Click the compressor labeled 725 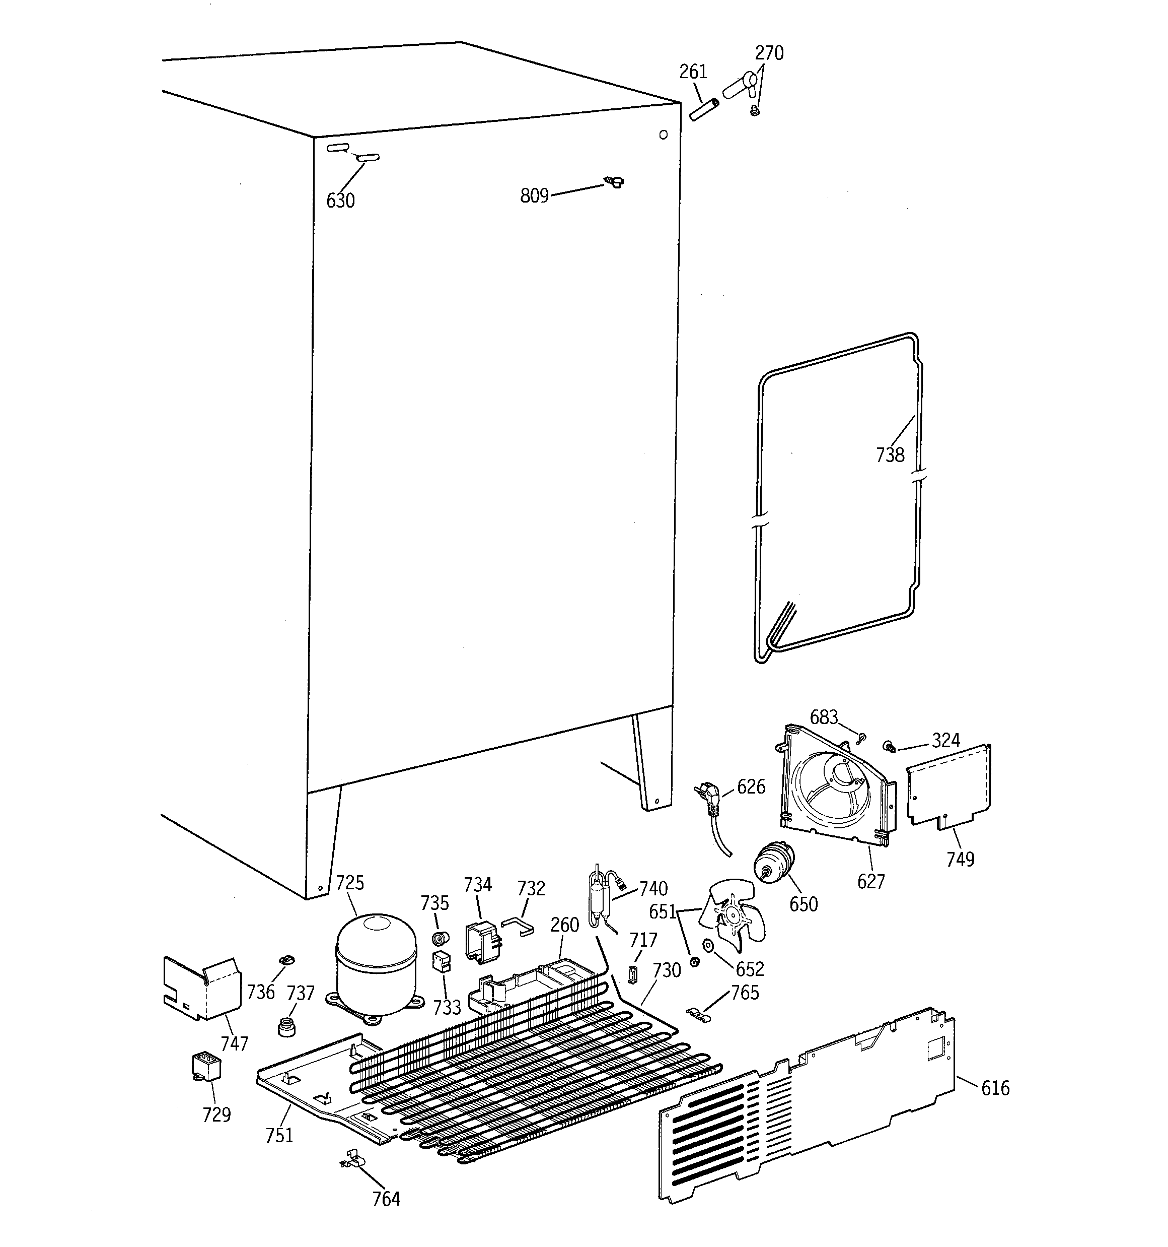376,965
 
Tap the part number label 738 890,455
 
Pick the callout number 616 995,1088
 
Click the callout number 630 340,201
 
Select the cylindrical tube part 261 702,109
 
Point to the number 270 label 769,53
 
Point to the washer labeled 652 708,945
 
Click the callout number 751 279,1135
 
